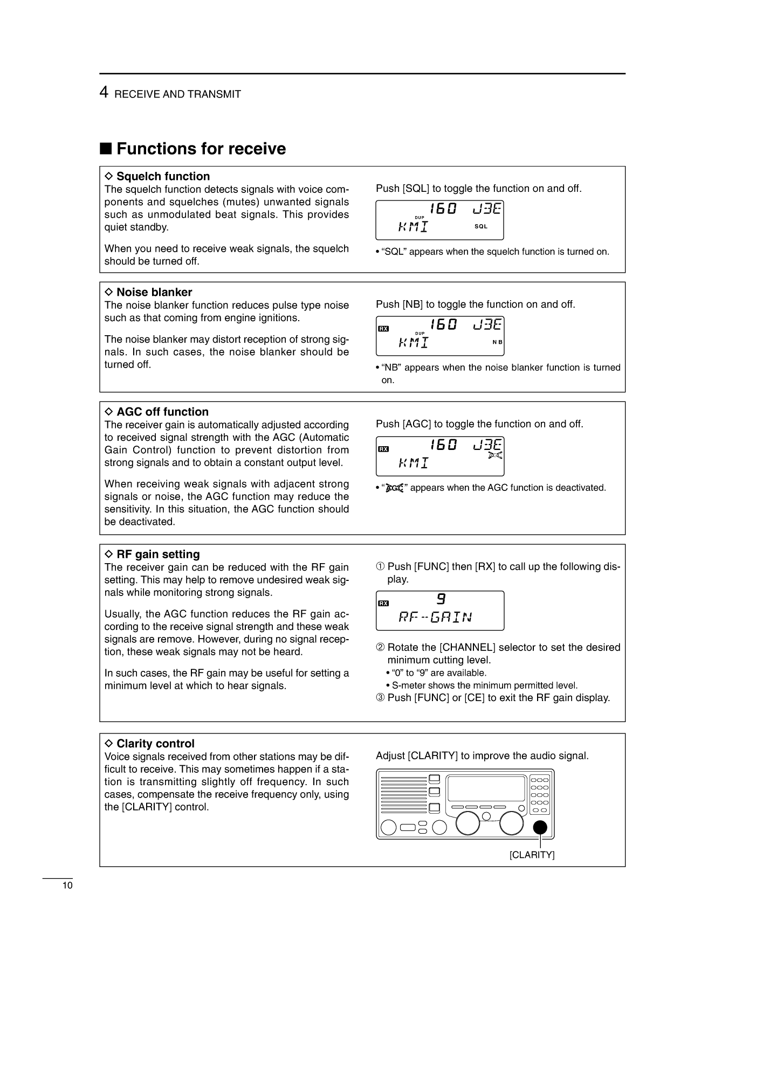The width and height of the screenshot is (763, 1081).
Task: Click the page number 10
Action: coord(67,886)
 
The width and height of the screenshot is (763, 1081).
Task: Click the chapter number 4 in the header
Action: coord(104,93)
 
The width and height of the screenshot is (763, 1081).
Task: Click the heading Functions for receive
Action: coord(201,149)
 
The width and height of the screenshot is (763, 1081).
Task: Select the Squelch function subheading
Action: coord(162,176)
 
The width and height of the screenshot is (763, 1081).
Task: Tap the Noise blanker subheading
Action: coord(154,292)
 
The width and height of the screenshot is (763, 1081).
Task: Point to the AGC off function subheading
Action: coord(162,412)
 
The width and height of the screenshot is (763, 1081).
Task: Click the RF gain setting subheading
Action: coord(157,554)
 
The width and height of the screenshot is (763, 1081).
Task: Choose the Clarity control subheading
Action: coord(155,744)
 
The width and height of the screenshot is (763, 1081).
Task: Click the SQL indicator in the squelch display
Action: coord(480,226)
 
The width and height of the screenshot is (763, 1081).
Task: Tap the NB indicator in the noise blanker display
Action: coord(497,342)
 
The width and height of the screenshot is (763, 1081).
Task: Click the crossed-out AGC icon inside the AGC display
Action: coord(495,456)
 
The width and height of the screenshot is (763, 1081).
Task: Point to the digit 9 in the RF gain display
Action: coord(441,599)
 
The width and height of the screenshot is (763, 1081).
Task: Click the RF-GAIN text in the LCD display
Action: coord(435,617)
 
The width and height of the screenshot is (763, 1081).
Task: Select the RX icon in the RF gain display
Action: coord(383,604)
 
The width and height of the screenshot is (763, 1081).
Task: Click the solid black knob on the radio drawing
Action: coord(540,827)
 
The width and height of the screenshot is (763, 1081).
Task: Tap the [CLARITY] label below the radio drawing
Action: coord(532,855)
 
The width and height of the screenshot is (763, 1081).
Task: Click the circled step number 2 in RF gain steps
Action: coord(380,647)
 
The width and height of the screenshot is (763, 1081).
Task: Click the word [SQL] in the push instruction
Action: coord(416,189)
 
